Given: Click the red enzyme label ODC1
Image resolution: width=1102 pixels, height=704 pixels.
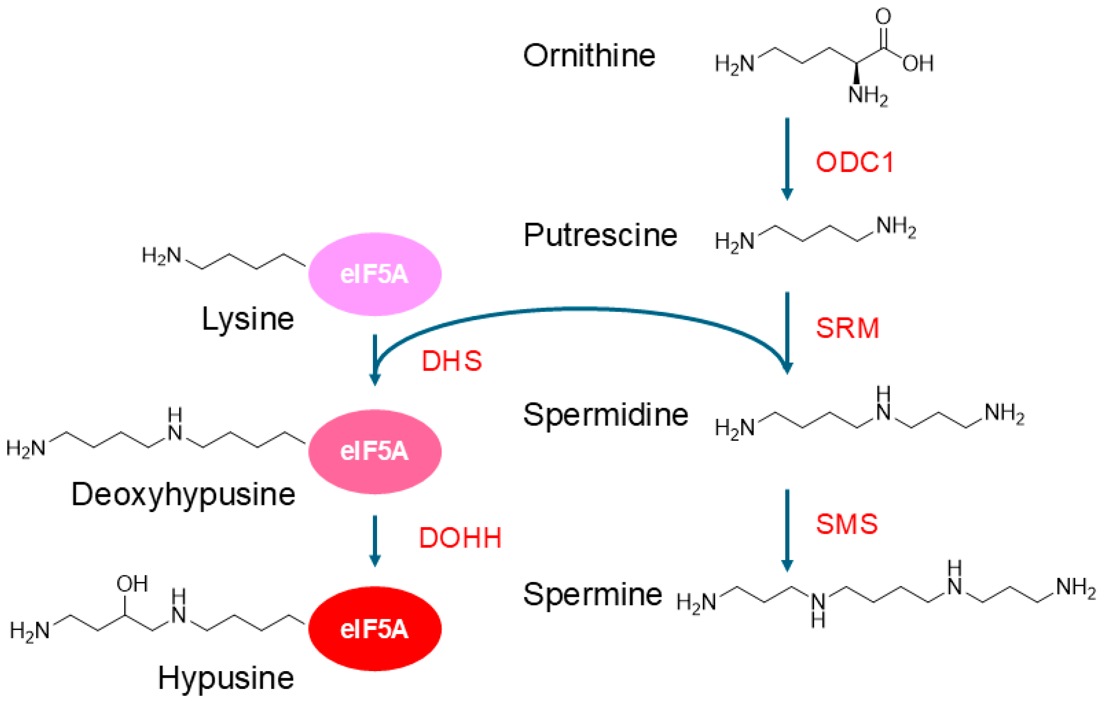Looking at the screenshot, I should point(855,162).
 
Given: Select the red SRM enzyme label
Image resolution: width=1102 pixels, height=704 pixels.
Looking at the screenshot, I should point(847,328).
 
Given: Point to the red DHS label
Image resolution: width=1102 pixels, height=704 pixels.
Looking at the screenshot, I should point(451,361).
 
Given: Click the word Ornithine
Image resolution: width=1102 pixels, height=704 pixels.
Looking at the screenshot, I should point(589,56).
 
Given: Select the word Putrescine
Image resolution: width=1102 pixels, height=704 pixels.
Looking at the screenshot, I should point(600,235).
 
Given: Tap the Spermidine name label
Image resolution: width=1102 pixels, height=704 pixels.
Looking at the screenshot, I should point(605,415).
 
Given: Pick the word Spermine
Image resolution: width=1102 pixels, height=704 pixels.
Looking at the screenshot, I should point(592,594).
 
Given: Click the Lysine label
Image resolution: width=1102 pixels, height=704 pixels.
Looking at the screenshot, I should point(247,319).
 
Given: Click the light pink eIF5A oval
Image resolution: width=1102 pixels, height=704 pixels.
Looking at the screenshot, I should point(375,274).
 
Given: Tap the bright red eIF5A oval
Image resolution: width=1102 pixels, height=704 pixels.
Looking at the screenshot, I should point(375,629).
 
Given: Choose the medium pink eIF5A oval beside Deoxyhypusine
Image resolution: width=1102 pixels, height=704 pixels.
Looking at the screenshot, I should point(375,451).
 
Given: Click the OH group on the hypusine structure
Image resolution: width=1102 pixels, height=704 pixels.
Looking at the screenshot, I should point(132,584).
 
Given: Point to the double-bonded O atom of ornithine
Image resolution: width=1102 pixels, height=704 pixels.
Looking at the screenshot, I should point(883,17).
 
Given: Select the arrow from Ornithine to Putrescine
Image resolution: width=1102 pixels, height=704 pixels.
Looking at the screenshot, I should point(787,158).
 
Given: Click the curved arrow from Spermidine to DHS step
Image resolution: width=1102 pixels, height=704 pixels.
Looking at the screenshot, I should point(581,309).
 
